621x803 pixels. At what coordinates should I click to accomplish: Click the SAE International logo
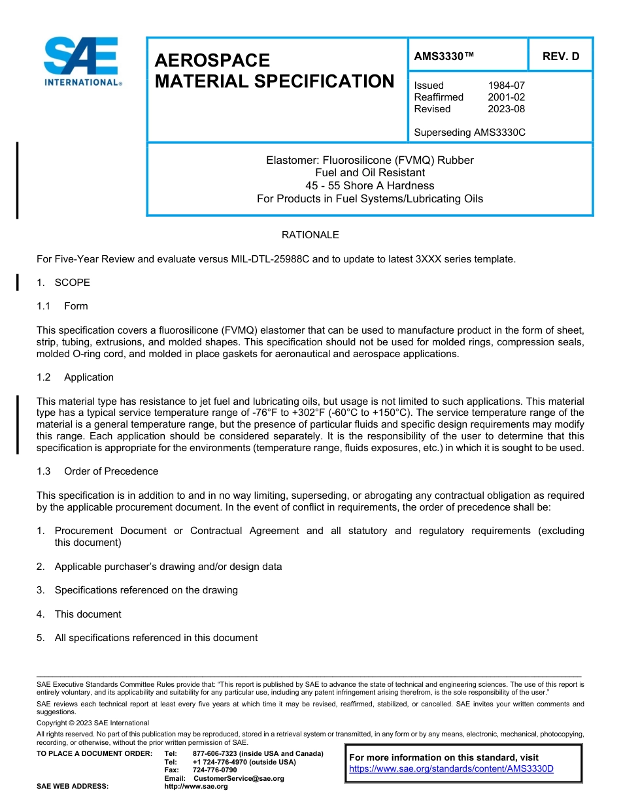click(x=82, y=61)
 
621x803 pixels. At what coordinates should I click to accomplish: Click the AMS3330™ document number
click(x=444, y=56)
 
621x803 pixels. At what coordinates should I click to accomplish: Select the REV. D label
click(x=560, y=56)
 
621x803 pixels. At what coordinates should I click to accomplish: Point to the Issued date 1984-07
click(x=506, y=86)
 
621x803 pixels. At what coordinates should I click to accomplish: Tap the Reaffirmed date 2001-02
click(x=506, y=97)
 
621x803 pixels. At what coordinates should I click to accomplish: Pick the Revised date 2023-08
click(x=506, y=109)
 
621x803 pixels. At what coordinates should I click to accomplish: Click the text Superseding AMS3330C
click(x=469, y=133)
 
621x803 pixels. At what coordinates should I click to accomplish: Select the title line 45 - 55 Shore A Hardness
click(x=369, y=185)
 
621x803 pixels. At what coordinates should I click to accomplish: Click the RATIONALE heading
click(x=310, y=235)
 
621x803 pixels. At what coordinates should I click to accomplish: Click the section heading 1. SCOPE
click(x=63, y=283)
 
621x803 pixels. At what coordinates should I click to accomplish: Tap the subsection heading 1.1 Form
click(x=62, y=306)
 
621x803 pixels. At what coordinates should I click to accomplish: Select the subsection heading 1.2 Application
click(x=75, y=377)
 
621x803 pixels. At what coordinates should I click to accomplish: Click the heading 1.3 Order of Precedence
click(x=97, y=471)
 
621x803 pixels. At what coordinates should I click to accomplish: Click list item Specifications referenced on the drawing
click(x=146, y=590)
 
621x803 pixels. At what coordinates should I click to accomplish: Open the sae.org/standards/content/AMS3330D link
click(x=451, y=769)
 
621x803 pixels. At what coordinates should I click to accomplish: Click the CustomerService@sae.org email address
click(x=239, y=778)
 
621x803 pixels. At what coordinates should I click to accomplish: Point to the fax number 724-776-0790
click(x=214, y=770)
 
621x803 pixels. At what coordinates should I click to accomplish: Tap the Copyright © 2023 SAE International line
click(x=93, y=723)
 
